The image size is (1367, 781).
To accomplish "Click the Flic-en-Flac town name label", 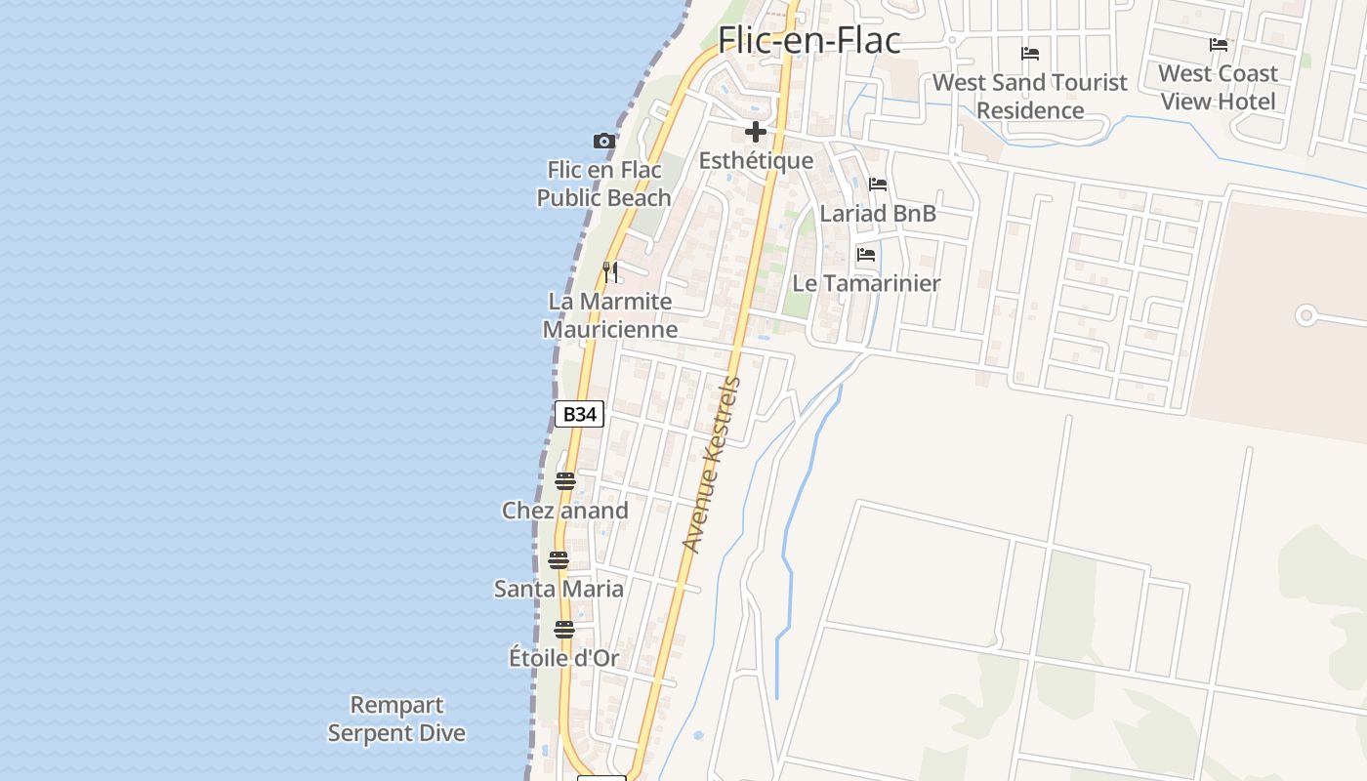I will tap(808, 40).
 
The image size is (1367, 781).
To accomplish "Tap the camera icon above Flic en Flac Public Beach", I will tap(604, 142).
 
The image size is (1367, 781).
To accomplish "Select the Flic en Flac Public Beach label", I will tap(604, 184).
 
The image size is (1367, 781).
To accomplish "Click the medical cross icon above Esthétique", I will tap(755, 132).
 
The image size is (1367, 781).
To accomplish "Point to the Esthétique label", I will tap(756, 161).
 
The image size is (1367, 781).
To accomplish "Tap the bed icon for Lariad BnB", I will tap(878, 185).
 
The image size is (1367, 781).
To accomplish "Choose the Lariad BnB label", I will tap(878, 213).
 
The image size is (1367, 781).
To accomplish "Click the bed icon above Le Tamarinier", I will tap(866, 255).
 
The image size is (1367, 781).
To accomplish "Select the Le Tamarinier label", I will tap(866, 283).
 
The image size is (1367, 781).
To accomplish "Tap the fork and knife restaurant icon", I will tap(610, 271).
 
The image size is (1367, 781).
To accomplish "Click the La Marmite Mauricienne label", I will tap(610, 315).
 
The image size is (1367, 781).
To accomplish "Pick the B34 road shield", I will tap(579, 414).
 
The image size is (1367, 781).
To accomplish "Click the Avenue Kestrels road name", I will tap(712, 465).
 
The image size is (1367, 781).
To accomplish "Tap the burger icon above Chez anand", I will tap(565, 481).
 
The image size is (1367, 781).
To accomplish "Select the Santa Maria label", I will tap(559, 589).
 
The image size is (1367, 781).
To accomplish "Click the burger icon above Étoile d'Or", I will tap(564, 630).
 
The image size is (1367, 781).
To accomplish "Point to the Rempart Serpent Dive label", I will tap(396, 719).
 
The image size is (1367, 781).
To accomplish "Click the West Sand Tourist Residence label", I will tap(1030, 96).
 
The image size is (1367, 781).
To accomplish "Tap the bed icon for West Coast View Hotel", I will tap(1219, 45).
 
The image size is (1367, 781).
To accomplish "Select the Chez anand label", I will tap(565, 511).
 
